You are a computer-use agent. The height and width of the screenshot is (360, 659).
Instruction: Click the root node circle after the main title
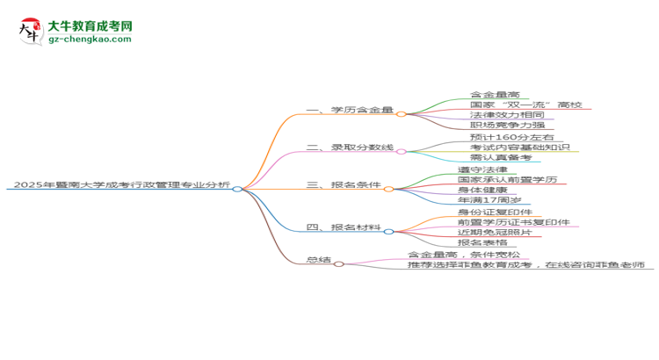tap(237, 189)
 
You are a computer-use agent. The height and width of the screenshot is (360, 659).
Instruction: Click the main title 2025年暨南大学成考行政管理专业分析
tap(122, 184)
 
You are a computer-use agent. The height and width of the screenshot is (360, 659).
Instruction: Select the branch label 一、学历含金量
tap(350, 110)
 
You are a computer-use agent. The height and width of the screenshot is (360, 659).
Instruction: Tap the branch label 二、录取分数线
tap(350, 147)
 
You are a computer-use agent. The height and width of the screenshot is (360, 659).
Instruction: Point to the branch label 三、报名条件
tap(344, 184)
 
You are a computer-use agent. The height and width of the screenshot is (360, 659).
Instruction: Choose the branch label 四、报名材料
tap(344, 227)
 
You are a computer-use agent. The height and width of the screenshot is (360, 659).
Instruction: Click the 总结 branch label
tap(319, 260)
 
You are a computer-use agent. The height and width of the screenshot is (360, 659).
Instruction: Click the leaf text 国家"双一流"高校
tap(525, 104)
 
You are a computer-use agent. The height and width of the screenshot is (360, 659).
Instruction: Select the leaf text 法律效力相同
tap(507, 115)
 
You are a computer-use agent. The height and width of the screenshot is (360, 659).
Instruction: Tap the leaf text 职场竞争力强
tap(507, 125)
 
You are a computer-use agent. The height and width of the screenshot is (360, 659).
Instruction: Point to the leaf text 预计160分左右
tap(512, 137)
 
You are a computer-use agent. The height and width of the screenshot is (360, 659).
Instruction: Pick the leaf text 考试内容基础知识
tap(519, 147)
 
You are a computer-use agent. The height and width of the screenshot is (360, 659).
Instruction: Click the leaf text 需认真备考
tap(501, 157)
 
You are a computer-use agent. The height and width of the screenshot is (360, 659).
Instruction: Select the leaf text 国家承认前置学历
tap(507, 179)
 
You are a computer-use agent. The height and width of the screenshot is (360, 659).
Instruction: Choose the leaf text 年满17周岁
tap(489, 199)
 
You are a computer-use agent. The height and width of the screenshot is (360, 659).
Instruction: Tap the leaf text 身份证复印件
tap(495, 212)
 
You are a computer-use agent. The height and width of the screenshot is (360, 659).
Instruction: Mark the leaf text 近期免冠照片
tap(495, 232)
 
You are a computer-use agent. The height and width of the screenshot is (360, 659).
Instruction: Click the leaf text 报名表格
tap(482, 242)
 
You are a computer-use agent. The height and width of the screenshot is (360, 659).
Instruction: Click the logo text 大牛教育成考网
tap(91, 26)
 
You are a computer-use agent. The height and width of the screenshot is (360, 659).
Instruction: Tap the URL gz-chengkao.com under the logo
tap(90, 39)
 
